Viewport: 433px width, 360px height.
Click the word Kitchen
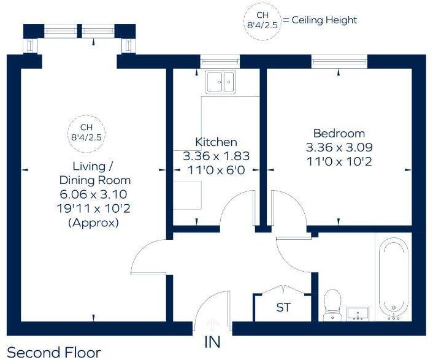click(216, 142)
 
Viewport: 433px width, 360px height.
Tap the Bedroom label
click(339, 133)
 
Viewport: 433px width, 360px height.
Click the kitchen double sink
click(220, 82)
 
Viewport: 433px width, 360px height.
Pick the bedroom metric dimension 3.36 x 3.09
click(339, 148)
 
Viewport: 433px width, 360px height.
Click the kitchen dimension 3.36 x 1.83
click(216, 156)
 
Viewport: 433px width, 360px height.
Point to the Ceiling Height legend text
click(324, 20)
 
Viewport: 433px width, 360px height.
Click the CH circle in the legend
click(262, 21)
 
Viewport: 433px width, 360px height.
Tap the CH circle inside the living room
click(86, 133)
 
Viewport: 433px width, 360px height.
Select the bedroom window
click(339, 60)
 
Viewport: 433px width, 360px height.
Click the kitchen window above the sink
click(220, 60)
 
